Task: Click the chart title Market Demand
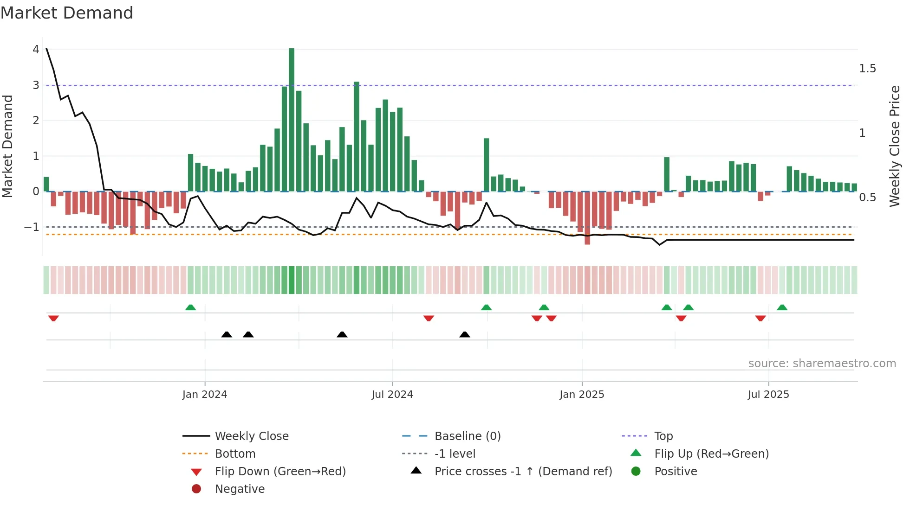click(x=67, y=13)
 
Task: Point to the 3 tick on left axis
click(x=36, y=85)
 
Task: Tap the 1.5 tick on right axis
click(x=867, y=69)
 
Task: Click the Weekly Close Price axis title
click(x=894, y=146)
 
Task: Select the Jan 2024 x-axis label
click(x=205, y=395)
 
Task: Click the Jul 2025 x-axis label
click(x=768, y=395)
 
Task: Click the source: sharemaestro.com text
click(x=822, y=364)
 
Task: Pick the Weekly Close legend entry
click(x=251, y=436)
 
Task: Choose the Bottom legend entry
click(x=235, y=454)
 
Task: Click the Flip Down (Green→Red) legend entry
click(x=280, y=472)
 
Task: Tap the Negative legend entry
click(x=240, y=489)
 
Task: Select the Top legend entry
click(x=663, y=436)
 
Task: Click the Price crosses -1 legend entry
click(x=523, y=472)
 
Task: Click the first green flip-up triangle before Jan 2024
click(x=190, y=307)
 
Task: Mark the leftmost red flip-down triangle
click(x=53, y=318)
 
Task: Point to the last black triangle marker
click(x=465, y=334)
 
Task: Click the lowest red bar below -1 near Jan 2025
click(x=587, y=218)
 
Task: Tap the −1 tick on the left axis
click(x=32, y=227)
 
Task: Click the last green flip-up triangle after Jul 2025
click(x=782, y=307)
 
